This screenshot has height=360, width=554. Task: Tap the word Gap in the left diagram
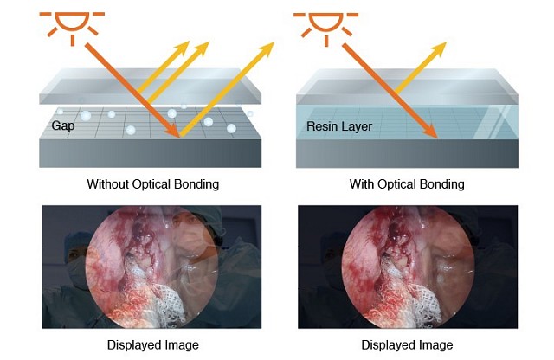coord(63,126)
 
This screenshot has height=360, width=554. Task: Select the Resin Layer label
coord(339,126)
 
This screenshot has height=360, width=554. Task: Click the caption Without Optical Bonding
coord(152,184)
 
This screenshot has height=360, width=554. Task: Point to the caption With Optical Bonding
coord(407,184)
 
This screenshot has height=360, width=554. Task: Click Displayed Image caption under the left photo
coord(152,345)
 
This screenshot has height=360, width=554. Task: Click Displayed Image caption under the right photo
coord(407,345)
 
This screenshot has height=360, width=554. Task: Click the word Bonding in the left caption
coord(196,184)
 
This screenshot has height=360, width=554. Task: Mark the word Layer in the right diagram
coord(357,126)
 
